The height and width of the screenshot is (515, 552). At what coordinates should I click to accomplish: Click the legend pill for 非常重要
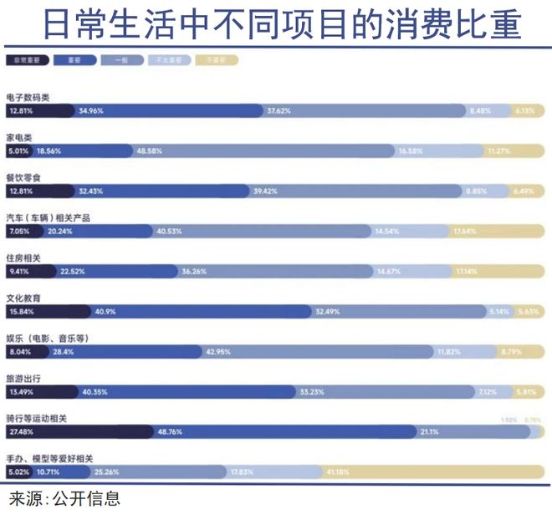[28, 61]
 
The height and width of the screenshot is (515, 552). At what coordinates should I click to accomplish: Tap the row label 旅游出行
[23, 379]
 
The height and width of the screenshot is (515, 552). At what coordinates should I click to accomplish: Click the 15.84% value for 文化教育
[21, 312]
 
